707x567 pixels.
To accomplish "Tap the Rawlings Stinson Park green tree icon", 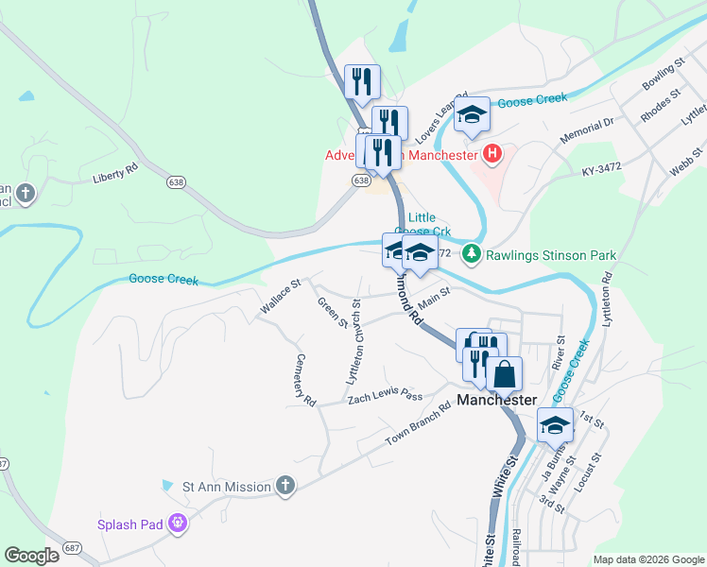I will (x=471, y=254).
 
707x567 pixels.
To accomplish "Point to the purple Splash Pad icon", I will (x=178, y=523).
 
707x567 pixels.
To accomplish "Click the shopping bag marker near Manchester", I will (x=505, y=373).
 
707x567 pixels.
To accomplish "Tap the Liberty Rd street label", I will (x=115, y=175).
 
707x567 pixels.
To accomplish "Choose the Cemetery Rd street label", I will (x=304, y=380).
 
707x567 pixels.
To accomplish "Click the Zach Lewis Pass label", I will (x=385, y=397).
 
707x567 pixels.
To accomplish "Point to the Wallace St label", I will (x=281, y=296).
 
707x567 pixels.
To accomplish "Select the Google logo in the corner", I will (x=31, y=556).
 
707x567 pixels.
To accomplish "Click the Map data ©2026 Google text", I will (x=647, y=559).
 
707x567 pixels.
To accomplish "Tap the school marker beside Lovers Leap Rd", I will (x=472, y=116).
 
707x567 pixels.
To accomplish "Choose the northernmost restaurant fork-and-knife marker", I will (x=362, y=81).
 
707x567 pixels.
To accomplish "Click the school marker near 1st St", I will (x=555, y=425).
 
